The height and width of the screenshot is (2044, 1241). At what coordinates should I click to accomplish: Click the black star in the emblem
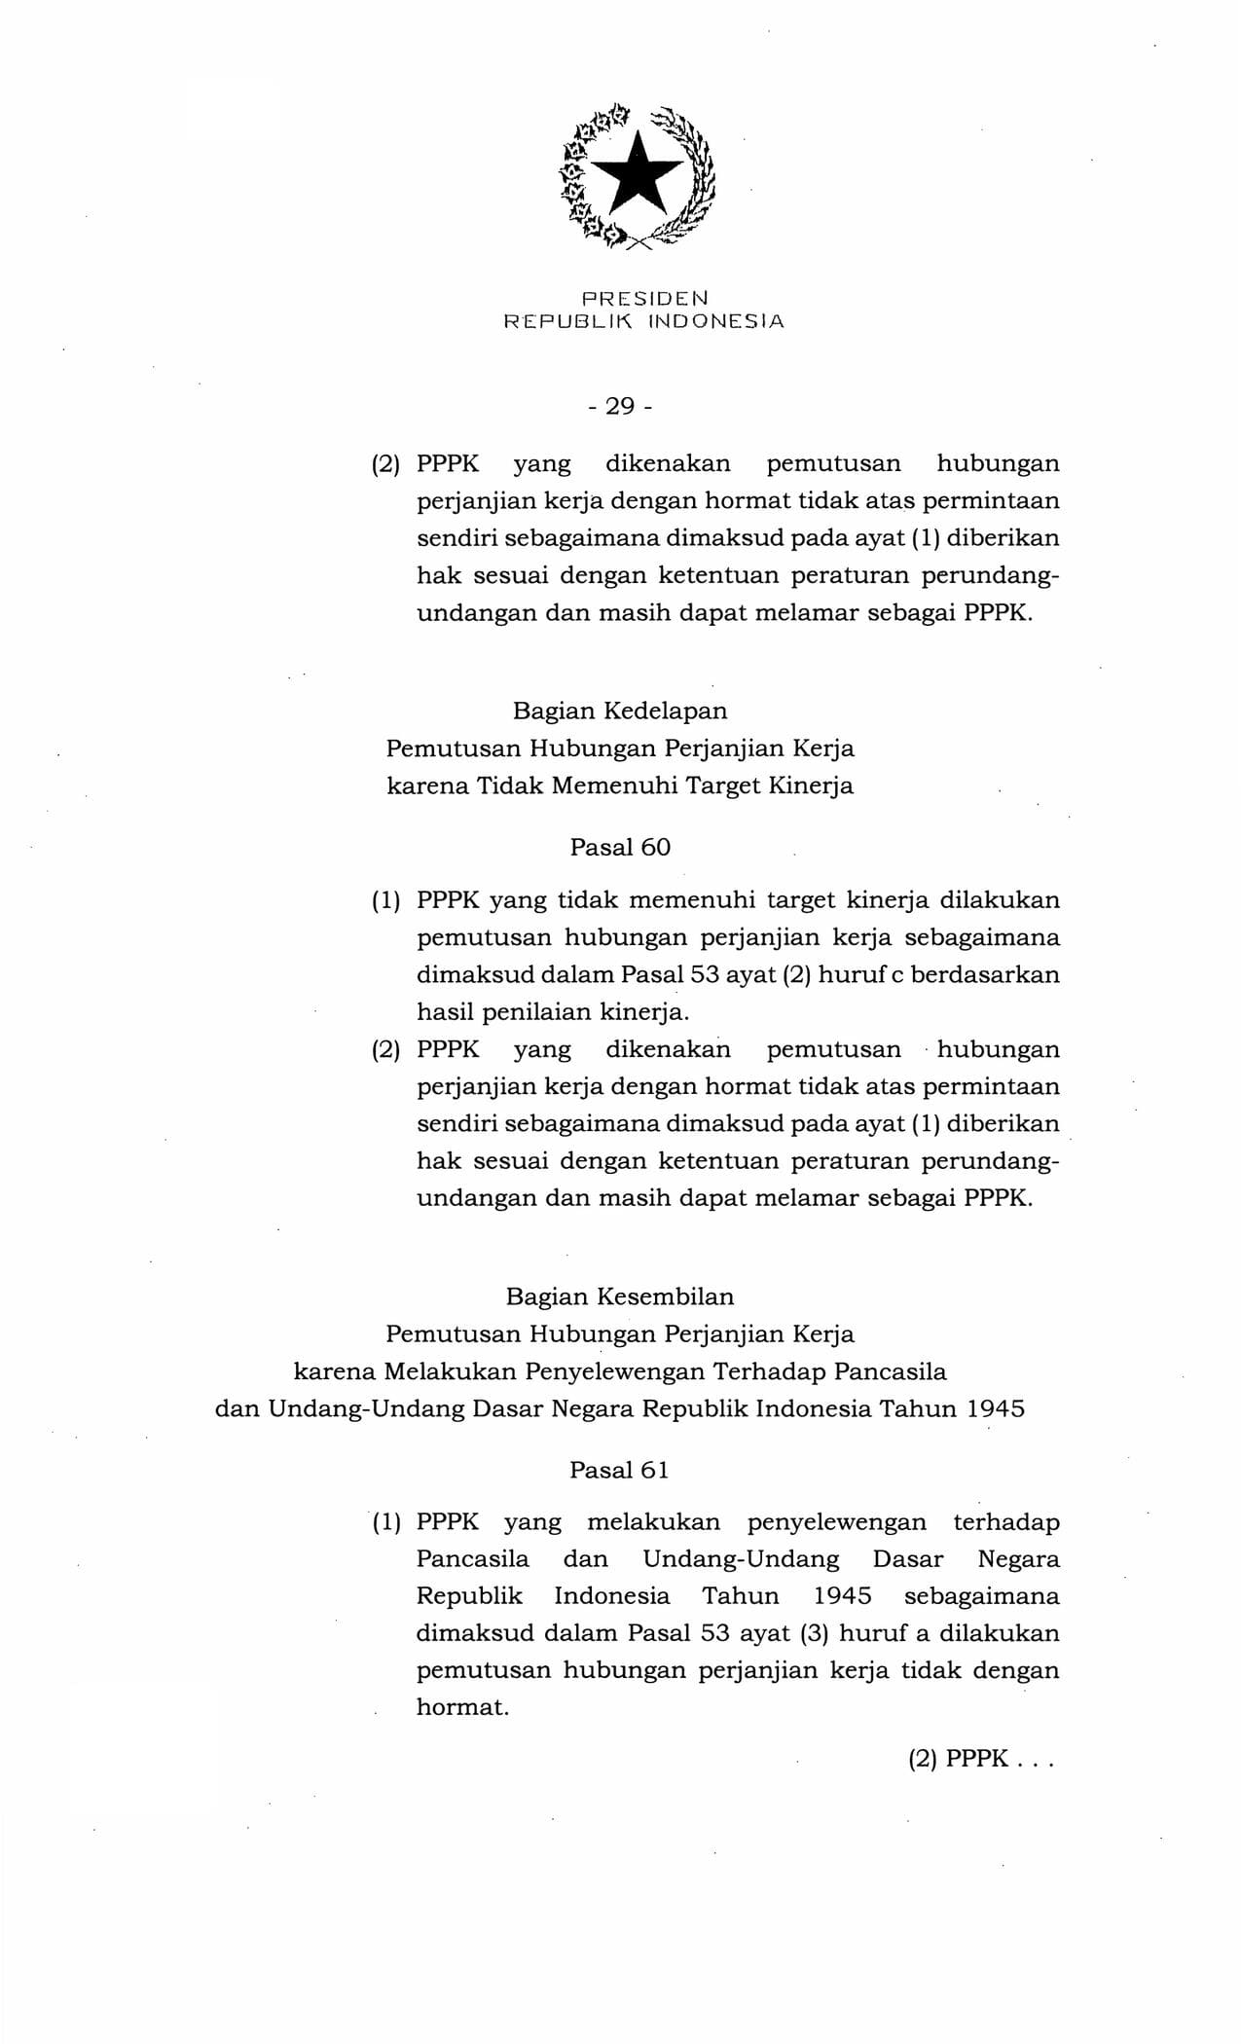tap(638, 174)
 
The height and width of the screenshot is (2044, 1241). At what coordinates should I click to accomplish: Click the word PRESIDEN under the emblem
tap(644, 297)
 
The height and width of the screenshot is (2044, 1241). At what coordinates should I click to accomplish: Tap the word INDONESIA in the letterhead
tap(709, 321)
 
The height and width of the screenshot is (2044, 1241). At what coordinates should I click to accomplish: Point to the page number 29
tap(620, 406)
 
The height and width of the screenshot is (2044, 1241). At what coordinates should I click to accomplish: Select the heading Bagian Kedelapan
tap(620, 711)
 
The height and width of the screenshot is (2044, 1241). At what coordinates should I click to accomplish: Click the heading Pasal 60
tap(620, 847)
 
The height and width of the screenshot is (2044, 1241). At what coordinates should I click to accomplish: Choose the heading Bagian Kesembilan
tap(620, 1296)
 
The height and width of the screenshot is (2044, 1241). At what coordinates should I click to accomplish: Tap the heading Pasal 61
tap(620, 1470)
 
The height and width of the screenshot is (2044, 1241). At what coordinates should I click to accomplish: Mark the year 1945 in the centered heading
tap(996, 1409)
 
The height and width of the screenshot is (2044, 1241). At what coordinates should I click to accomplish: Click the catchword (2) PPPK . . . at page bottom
tap(981, 1760)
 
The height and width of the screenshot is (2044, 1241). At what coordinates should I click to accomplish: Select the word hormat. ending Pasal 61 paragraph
tap(462, 1707)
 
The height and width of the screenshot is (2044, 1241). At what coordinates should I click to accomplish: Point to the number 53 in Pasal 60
tap(705, 974)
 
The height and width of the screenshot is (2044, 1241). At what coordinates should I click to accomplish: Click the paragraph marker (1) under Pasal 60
tap(385, 901)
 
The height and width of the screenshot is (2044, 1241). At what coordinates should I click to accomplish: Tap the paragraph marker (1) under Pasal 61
tap(385, 1522)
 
